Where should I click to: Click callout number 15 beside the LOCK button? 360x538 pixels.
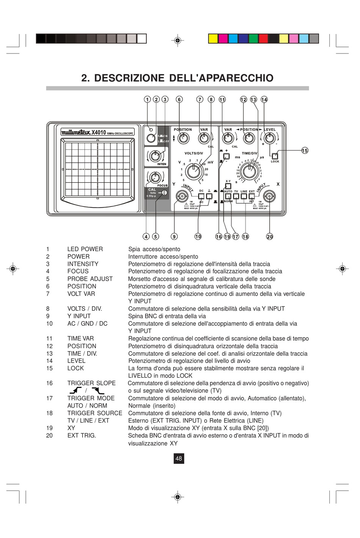point(305,151)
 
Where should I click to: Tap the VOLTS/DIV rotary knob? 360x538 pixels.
point(194,171)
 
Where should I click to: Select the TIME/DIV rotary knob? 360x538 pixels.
point(249,171)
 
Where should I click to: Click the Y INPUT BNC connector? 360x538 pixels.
point(182,196)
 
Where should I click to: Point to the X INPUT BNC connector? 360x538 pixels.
point(269,196)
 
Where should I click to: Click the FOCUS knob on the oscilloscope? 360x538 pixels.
point(154,177)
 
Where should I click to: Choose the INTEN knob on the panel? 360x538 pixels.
point(154,155)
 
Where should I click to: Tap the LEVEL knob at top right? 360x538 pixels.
point(269,138)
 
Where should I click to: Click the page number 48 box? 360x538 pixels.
point(178,458)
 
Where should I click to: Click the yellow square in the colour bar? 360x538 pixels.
point(213,39)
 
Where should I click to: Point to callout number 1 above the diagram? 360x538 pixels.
point(147,100)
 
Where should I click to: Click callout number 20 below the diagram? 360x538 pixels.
point(269,236)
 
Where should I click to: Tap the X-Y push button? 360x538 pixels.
point(228,186)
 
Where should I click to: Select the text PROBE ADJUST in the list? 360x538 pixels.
point(90,279)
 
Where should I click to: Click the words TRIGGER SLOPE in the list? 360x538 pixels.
point(91,383)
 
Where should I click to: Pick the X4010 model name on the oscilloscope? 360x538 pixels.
point(99,132)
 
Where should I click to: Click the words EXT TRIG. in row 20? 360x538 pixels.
point(81,436)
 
